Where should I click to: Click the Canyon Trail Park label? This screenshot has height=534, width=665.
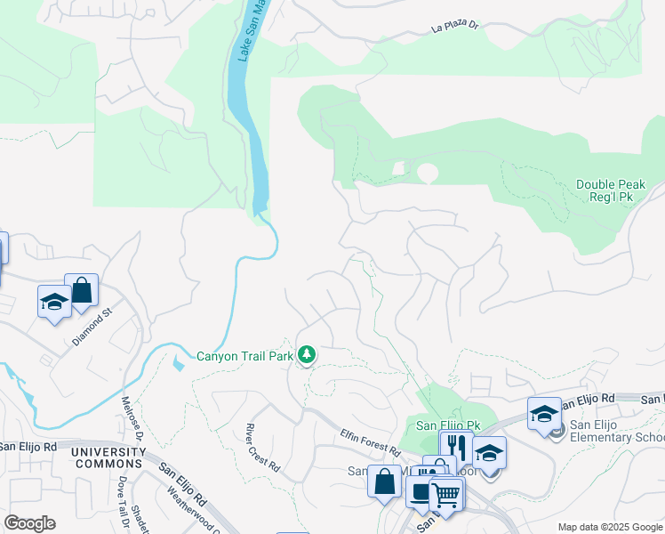click(244, 356)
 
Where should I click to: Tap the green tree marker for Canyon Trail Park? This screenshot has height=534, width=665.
click(307, 356)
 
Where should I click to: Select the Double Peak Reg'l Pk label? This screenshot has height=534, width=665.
click(614, 190)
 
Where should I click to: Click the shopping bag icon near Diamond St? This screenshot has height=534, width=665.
click(81, 290)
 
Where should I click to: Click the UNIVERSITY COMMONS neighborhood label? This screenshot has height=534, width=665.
click(108, 457)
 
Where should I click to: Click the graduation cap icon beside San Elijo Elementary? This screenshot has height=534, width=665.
click(544, 413)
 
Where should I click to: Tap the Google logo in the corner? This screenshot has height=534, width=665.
click(29, 523)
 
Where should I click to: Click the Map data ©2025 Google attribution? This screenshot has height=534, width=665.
click(609, 527)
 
